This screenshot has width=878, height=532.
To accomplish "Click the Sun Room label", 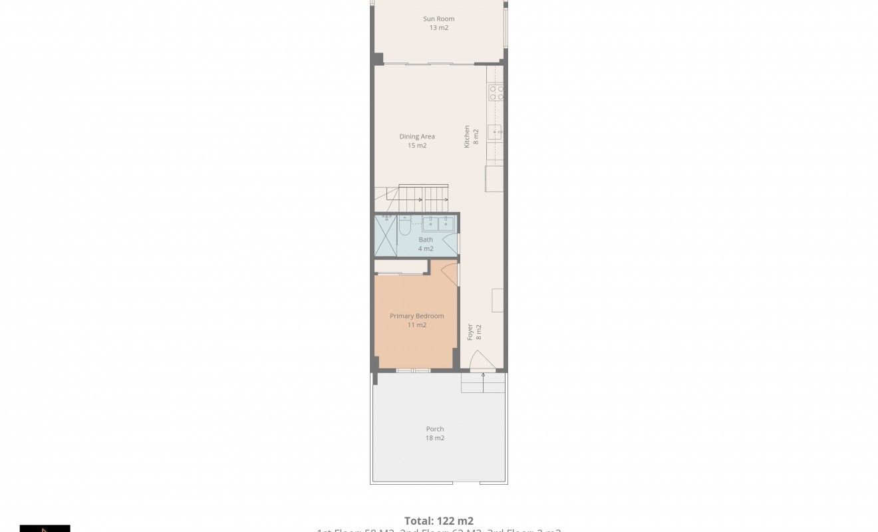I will (438, 19).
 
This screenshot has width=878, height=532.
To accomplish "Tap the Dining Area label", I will (417, 136).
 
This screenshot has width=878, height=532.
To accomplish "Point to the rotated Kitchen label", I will (467, 136).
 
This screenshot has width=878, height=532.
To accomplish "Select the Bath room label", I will (426, 239).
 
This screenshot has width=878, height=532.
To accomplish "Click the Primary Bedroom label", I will (416, 316).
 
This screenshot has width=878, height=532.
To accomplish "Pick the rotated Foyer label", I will (470, 332).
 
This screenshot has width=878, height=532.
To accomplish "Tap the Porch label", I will (435, 429).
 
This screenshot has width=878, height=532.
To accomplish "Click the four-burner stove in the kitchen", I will (496, 92).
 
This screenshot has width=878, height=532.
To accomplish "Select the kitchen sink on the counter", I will (496, 132).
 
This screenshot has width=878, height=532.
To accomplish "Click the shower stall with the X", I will (386, 236).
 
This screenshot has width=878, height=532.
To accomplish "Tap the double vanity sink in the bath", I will (438, 223).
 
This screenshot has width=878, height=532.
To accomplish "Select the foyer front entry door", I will (482, 360).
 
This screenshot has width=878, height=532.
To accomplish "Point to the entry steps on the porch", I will (483, 382).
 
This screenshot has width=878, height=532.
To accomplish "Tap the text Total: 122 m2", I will (439, 521).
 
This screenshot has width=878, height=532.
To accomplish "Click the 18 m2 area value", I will (435, 438).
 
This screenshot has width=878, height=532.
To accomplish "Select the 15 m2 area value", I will (417, 146).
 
